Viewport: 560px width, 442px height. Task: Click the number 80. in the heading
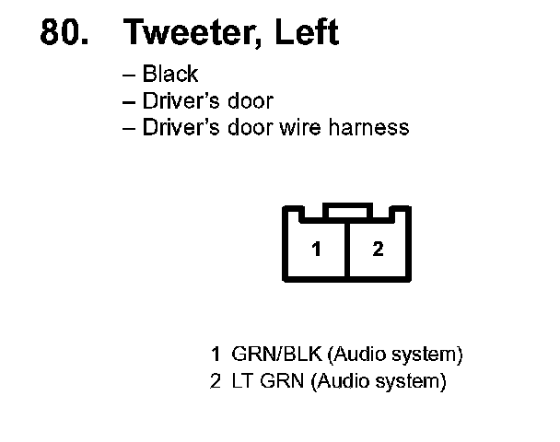coord(67,33)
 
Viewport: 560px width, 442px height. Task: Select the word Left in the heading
coord(307,33)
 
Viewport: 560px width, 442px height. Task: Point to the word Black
coord(170,75)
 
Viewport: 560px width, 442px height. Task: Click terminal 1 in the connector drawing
coord(315,250)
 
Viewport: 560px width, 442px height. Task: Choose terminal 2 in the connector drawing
coord(378,250)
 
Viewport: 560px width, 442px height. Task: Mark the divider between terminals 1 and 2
coord(346,250)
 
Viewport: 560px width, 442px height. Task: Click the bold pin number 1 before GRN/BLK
coord(216,355)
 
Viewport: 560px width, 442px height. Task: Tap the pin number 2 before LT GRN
coord(216,380)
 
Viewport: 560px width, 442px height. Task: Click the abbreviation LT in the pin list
coord(242,380)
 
